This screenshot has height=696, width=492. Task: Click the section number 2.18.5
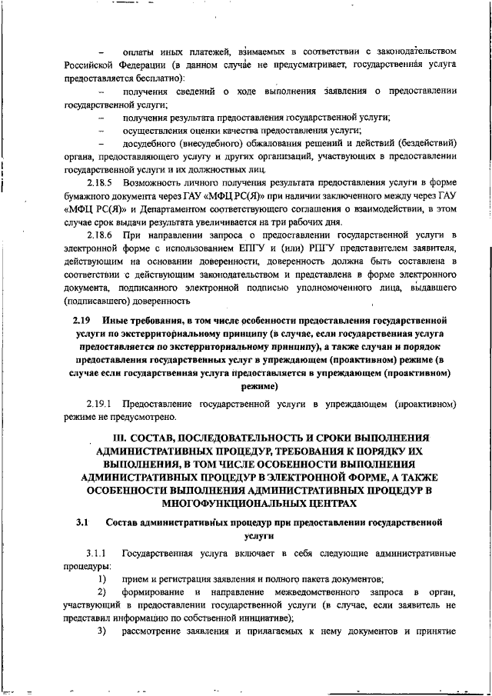pyautogui.click(x=99, y=181)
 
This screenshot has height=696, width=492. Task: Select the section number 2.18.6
pyautogui.click(x=99, y=234)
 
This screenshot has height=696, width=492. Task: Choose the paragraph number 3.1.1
pyautogui.click(x=99, y=554)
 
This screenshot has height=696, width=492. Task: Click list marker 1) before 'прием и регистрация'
pyautogui.click(x=101, y=579)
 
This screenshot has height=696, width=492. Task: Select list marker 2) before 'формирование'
pyautogui.click(x=101, y=592)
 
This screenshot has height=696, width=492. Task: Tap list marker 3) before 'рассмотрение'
pyautogui.click(x=101, y=631)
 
